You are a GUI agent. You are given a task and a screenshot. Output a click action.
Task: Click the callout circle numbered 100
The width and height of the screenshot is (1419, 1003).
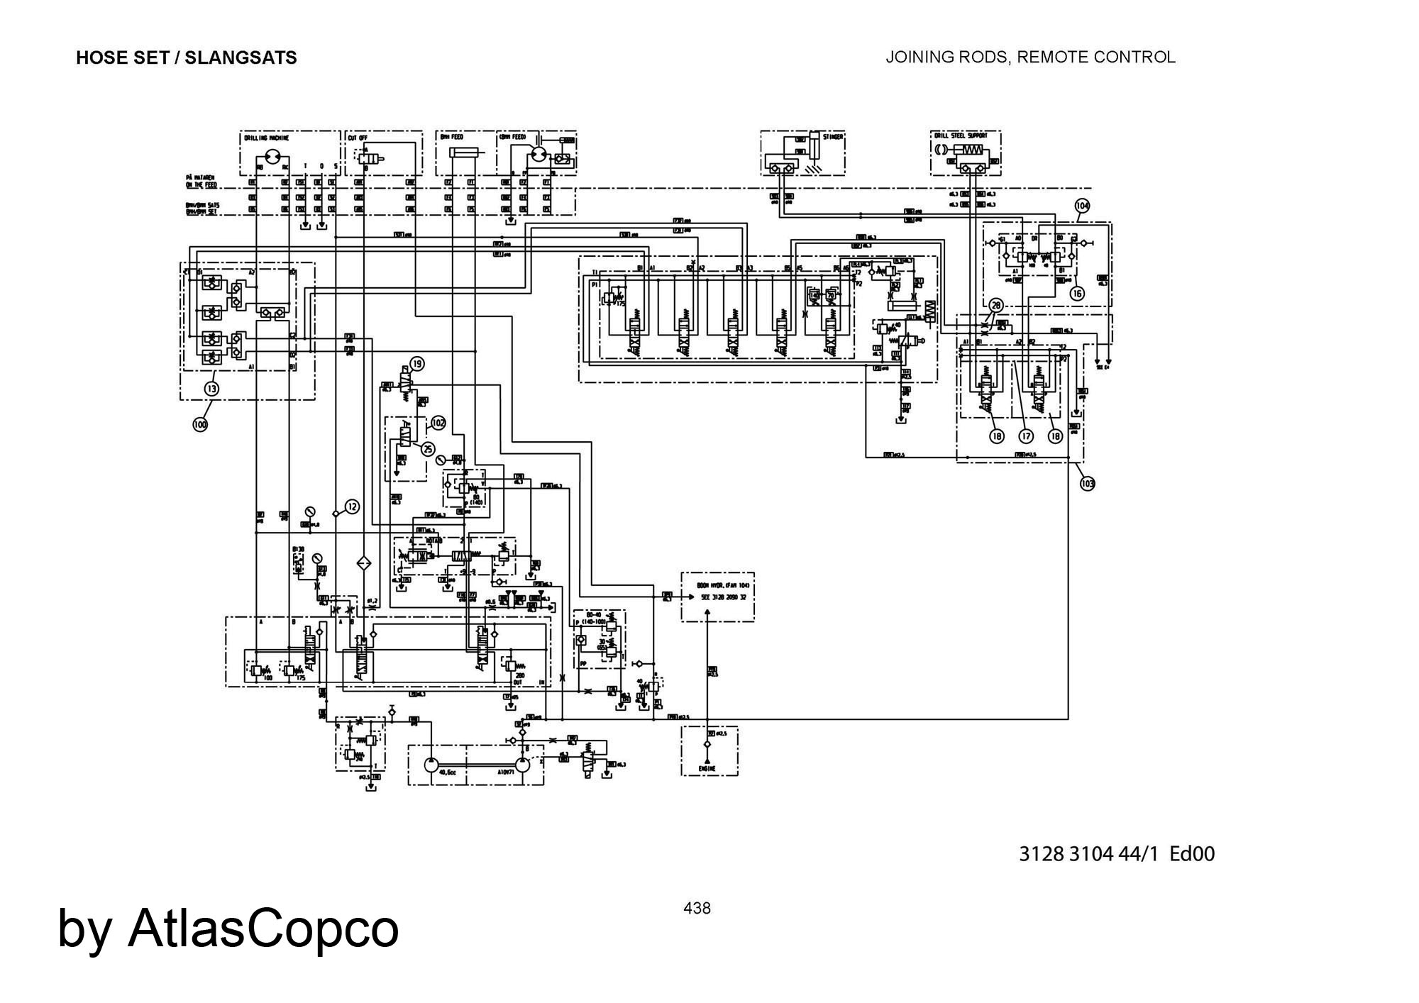coord(201,424)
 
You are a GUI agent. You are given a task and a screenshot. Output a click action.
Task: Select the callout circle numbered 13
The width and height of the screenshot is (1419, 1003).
coord(212,388)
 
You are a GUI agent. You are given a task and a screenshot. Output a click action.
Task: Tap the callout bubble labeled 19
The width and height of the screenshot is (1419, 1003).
coord(417,364)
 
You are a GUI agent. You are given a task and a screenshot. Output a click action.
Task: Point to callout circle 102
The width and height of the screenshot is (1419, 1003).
coord(438,423)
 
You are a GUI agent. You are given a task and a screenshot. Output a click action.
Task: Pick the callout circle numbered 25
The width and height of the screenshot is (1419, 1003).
coord(428,449)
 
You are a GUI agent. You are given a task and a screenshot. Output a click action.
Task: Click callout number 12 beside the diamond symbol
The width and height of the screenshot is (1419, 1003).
coord(352,506)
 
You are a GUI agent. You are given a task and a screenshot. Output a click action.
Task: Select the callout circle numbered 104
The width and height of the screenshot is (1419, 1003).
coord(1082,206)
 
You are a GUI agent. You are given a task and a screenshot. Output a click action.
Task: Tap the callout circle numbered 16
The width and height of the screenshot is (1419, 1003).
coord(1077,293)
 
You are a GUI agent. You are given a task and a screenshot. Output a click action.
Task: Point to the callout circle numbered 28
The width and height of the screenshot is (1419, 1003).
coord(996,306)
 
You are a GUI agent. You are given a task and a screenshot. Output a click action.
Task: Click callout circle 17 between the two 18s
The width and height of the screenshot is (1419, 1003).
coord(1025,436)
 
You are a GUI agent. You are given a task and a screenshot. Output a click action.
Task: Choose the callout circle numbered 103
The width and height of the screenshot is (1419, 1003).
coord(1087,484)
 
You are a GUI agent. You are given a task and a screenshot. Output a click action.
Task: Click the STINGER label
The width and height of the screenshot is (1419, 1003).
coord(833,137)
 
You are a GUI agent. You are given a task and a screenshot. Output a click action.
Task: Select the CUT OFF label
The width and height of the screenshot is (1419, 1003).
coord(357,138)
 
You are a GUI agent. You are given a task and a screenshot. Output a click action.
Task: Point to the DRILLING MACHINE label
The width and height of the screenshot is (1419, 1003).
coord(267,138)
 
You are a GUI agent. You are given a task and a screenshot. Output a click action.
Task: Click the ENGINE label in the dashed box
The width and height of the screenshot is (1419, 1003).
coord(707,768)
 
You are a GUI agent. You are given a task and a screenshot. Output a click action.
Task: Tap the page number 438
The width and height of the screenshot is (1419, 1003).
coord(697,908)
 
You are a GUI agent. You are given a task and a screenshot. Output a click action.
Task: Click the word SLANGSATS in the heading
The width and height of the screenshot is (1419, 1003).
coord(241,57)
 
